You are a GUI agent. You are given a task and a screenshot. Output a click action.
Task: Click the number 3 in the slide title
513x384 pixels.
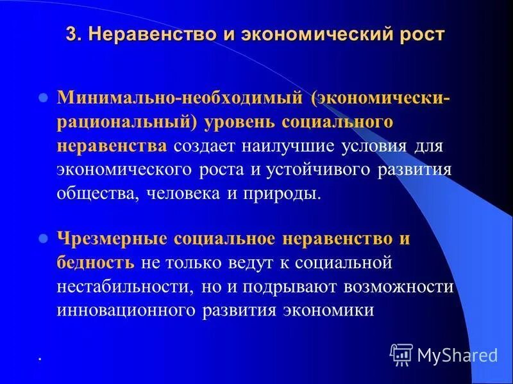(71, 34)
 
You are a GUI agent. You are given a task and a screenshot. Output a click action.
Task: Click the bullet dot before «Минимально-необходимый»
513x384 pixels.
(44, 99)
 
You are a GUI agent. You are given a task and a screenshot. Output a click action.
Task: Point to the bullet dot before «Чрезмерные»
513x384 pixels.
(44, 238)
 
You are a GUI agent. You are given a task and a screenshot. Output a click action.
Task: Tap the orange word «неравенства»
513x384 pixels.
(112, 145)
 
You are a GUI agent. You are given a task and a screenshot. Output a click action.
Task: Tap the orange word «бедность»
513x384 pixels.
(95, 262)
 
